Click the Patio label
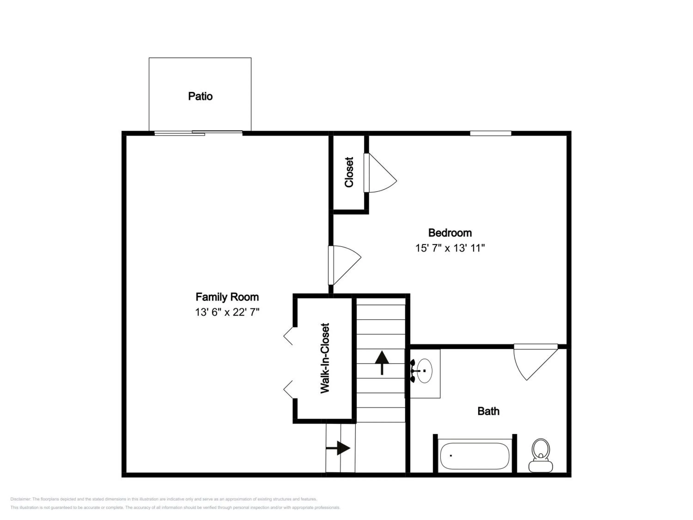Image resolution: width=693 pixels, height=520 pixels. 200,96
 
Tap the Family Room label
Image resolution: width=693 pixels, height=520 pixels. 227,297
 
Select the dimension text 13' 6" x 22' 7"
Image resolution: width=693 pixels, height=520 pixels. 227,312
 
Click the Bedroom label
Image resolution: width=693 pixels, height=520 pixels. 450,233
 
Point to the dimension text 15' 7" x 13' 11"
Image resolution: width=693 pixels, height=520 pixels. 450,248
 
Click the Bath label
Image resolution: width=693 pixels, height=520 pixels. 488,411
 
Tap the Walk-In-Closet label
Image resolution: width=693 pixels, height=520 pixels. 325,358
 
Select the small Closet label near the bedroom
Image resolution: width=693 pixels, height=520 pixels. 349,172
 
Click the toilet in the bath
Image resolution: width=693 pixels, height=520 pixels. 541,455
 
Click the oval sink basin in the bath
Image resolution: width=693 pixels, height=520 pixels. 425,371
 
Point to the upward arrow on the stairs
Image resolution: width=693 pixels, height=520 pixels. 382,363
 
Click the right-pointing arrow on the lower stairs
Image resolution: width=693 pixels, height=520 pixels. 338,448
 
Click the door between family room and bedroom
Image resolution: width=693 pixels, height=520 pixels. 345,265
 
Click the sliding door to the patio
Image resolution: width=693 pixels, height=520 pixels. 198,133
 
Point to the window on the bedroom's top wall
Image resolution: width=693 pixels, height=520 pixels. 491,133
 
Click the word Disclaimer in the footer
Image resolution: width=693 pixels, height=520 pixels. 20,499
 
